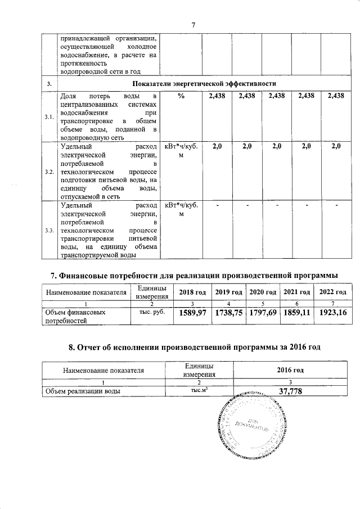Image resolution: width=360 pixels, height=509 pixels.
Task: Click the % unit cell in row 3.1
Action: click(x=181, y=97)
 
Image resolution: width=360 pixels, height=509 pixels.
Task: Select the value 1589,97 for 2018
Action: click(x=191, y=312)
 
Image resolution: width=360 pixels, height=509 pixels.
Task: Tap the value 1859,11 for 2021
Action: click(x=296, y=312)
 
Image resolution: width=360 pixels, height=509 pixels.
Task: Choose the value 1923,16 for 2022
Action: click(x=332, y=312)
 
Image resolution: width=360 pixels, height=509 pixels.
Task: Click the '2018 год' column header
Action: click(x=191, y=292)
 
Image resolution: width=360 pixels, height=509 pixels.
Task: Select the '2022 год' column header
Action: click(x=332, y=292)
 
